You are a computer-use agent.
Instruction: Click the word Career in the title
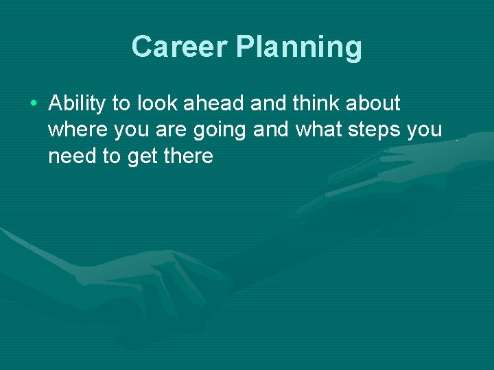pos(179,47)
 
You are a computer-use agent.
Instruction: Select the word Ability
pos(78,104)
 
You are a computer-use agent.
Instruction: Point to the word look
pos(155,103)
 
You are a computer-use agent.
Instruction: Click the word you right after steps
pos(425,131)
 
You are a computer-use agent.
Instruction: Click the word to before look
pos(121,103)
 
